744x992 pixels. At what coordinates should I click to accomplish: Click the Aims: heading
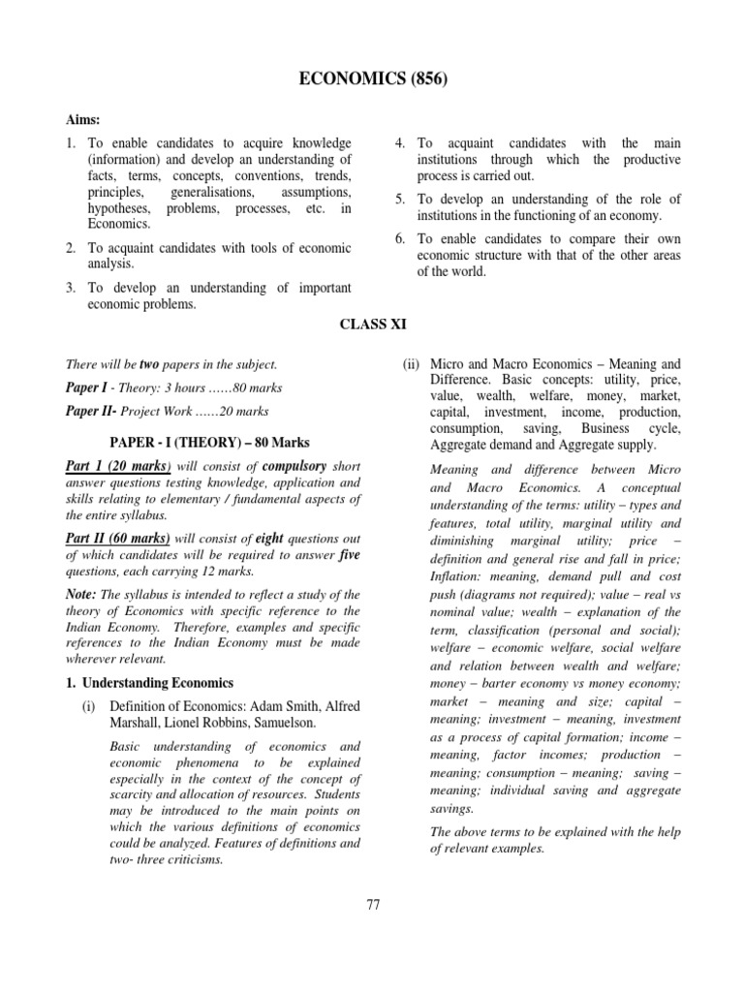click(x=83, y=117)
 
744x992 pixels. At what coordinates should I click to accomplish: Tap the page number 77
click(x=373, y=904)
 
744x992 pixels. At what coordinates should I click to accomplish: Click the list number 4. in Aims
click(x=399, y=143)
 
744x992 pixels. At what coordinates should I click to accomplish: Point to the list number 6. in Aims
click(x=399, y=238)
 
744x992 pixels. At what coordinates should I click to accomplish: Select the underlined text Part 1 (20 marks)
click(x=118, y=466)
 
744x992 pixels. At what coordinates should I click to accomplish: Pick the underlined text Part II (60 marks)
click(x=118, y=538)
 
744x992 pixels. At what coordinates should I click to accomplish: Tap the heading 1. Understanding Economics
click(x=150, y=683)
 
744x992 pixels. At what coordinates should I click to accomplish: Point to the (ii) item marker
click(x=411, y=364)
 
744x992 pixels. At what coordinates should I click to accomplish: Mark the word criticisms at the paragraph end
click(x=192, y=858)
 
